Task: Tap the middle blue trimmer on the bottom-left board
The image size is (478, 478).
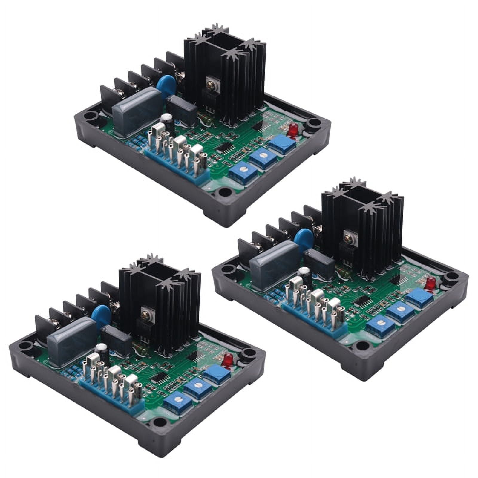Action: (x=196, y=387)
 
